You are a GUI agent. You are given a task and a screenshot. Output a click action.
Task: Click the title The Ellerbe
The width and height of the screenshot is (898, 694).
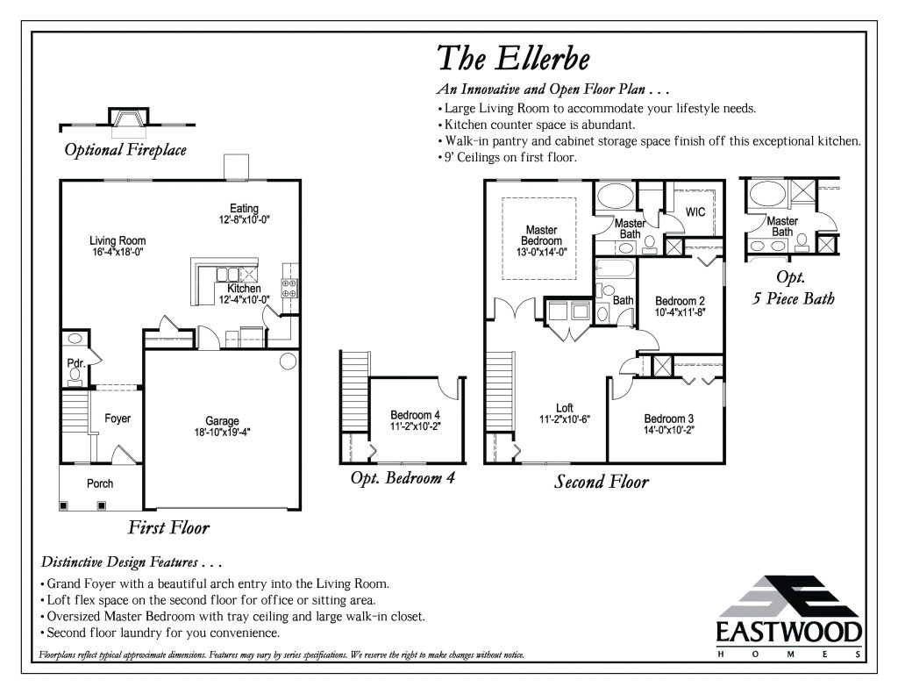point(513,58)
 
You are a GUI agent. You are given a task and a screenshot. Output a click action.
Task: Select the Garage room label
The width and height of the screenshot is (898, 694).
point(222,421)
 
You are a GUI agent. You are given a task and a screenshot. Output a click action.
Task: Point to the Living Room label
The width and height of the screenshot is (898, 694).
point(118,240)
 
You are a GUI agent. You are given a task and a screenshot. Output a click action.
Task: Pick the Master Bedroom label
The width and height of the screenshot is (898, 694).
point(541,235)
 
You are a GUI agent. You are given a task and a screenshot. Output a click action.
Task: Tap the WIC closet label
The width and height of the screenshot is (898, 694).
point(695,212)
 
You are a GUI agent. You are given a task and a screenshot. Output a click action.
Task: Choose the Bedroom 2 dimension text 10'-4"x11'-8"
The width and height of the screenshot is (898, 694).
point(680,311)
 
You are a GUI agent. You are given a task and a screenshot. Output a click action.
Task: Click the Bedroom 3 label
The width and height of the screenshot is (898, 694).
point(669,419)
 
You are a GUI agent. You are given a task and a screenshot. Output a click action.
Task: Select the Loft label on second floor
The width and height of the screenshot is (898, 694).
point(565,408)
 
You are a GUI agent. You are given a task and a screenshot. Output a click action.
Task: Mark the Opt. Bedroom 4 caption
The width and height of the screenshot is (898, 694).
point(402,478)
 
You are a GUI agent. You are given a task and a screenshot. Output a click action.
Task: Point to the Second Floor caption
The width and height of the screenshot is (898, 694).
point(602,482)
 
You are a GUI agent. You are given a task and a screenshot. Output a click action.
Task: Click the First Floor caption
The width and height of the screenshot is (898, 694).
point(168,527)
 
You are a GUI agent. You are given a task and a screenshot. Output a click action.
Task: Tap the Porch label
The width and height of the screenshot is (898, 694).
point(100,483)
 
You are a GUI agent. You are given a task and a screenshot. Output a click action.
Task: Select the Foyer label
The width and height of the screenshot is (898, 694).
point(118,419)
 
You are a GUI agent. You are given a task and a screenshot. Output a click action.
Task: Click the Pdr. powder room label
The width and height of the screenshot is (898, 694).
point(75,362)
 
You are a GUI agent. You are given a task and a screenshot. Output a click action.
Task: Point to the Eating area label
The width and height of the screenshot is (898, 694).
point(244,208)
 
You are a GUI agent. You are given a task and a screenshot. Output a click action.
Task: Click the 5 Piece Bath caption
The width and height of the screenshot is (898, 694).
point(794,298)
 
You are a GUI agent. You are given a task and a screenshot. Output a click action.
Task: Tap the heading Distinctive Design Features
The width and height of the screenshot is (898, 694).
point(132,562)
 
